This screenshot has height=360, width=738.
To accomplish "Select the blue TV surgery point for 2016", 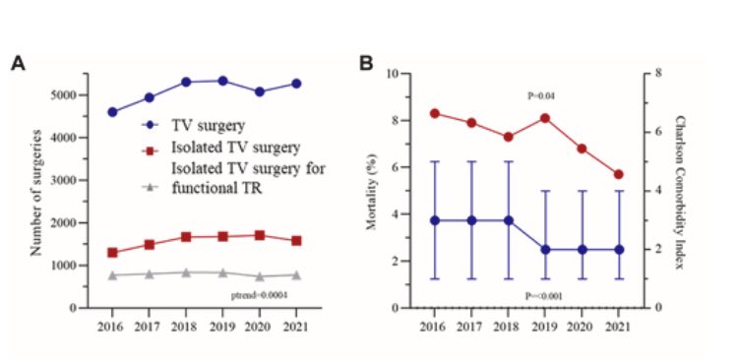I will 112,112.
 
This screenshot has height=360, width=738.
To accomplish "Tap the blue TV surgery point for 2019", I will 222,81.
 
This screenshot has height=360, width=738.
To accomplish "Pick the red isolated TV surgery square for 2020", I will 260,235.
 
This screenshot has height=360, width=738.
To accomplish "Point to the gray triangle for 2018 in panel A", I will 186,272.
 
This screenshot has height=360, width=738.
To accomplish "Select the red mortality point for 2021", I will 618,175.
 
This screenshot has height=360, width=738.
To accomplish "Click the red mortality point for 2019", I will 544,118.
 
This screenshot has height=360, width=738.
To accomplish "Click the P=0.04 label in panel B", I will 544,94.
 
